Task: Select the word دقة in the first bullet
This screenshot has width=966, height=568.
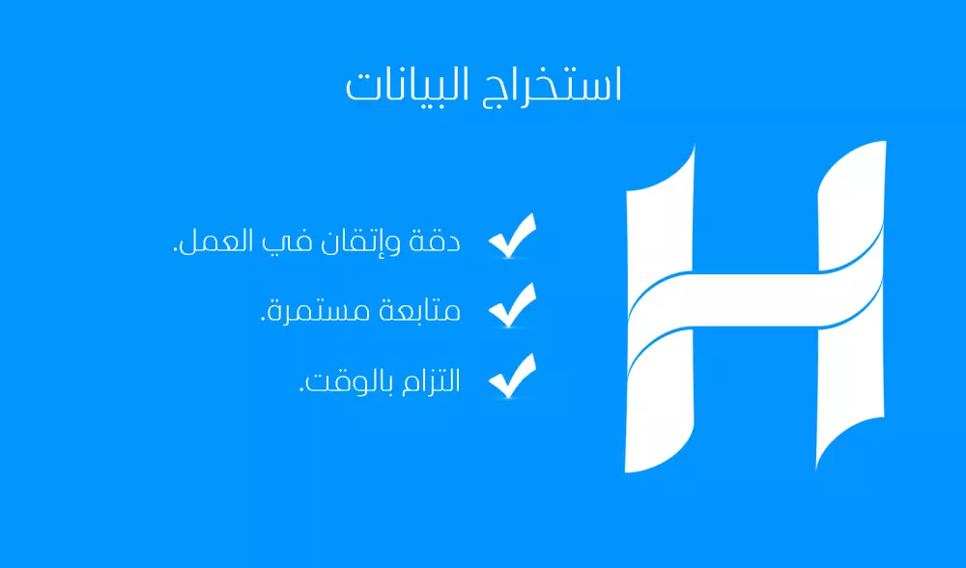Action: tap(439, 240)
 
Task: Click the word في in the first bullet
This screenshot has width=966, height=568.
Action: tap(294, 241)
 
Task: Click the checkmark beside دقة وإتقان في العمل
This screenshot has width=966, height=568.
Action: tap(512, 238)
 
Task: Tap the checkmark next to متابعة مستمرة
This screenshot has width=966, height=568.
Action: tap(512, 307)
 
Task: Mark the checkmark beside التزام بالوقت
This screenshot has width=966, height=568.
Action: tap(512, 377)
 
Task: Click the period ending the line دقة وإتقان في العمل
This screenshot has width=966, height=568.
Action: tap(176, 251)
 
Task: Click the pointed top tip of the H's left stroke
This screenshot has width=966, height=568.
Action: tap(693, 148)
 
